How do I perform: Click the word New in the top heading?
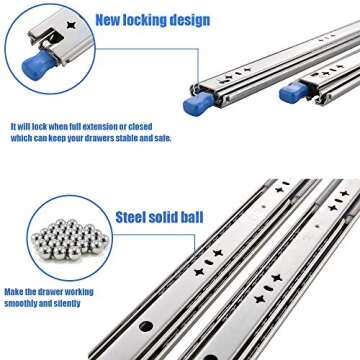click(111, 19)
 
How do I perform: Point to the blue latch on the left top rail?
click(196, 103)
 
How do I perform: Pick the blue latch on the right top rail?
click(292, 91)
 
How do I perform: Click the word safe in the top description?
click(159, 139)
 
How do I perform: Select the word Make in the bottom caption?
click(14, 293)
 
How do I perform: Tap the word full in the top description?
click(54, 128)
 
